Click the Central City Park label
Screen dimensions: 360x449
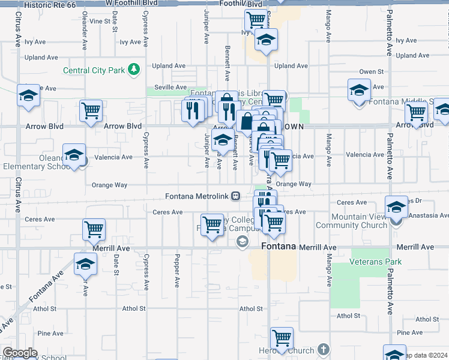pyautogui.click(x=94, y=70)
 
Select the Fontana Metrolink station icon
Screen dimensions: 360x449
pyautogui.click(x=237, y=196)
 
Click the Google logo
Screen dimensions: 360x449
pyautogui.click(x=20, y=353)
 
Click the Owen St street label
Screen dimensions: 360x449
pyautogui.click(x=372, y=72)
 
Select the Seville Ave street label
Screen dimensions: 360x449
pyautogui.click(x=167, y=87)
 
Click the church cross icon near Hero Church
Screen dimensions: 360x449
pyautogui.click(x=324, y=349)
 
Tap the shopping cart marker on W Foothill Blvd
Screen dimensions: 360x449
pyautogui.click(x=256, y=19)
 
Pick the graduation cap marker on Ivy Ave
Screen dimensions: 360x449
pyautogui.click(x=266, y=40)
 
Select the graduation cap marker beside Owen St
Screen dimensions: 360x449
pyautogui.click(x=359, y=90)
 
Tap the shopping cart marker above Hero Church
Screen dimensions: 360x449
pyautogui.click(x=282, y=338)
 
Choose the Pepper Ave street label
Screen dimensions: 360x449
pyautogui.click(x=176, y=272)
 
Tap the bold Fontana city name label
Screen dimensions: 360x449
pyautogui.click(x=280, y=247)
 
